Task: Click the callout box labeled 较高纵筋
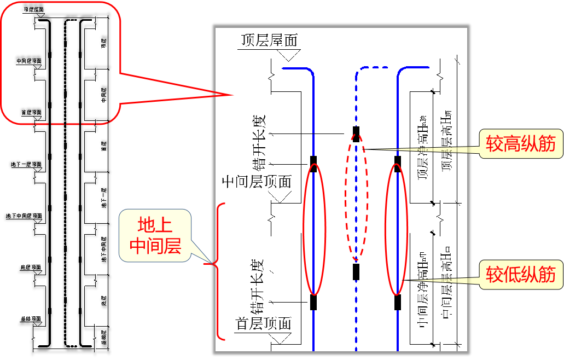coord(520,144)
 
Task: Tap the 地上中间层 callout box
coord(155,235)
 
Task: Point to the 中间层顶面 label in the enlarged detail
coord(256,181)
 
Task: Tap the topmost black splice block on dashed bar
coord(356,134)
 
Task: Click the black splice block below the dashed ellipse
coord(356,271)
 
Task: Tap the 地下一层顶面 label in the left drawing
coord(26,164)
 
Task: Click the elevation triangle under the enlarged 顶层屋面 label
coord(287,55)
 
